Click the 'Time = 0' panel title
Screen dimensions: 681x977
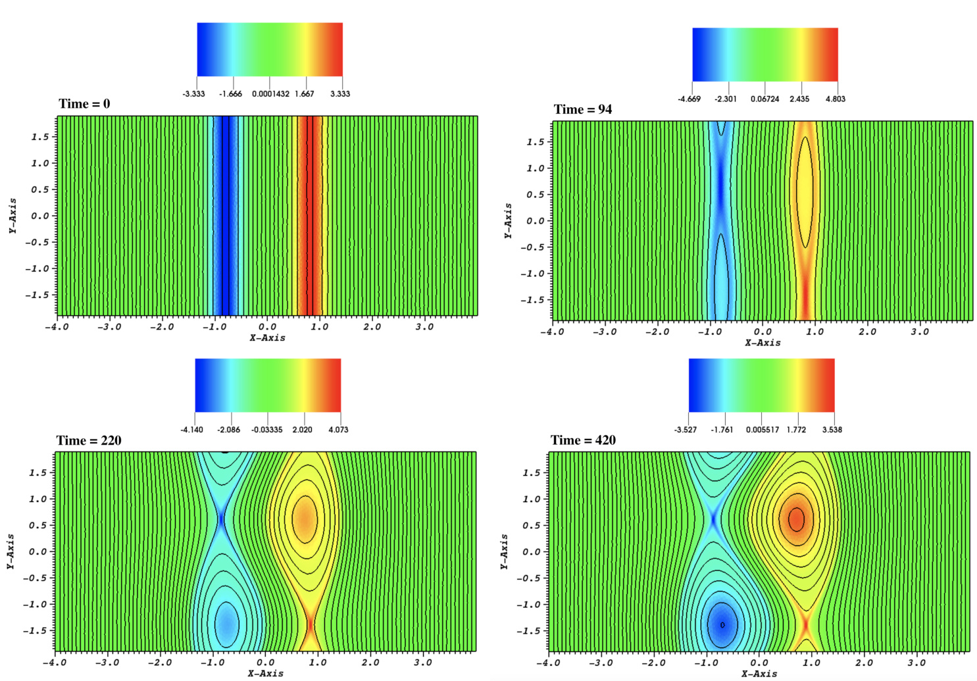point(84,104)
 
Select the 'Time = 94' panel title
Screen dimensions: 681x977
point(582,109)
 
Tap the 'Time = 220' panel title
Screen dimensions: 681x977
point(89,440)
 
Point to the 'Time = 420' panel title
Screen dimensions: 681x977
point(583,440)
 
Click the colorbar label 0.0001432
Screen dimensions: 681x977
point(270,94)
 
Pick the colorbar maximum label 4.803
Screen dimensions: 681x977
point(835,99)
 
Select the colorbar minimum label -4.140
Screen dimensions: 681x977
point(192,430)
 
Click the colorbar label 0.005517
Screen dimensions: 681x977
point(762,430)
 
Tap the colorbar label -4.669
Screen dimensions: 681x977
point(689,99)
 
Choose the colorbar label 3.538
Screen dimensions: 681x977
point(832,430)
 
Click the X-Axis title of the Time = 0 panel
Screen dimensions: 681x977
point(267,338)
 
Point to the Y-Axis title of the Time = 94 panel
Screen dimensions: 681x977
point(508,220)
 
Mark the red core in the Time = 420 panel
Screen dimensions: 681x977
point(796,519)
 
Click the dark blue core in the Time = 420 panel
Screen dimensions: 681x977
point(722,624)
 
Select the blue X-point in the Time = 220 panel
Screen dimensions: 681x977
point(221,518)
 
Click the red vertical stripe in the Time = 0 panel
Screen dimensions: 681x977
point(309,216)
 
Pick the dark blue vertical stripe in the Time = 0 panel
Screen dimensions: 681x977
point(225,216)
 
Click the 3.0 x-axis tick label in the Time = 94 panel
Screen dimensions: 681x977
point(919,332)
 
